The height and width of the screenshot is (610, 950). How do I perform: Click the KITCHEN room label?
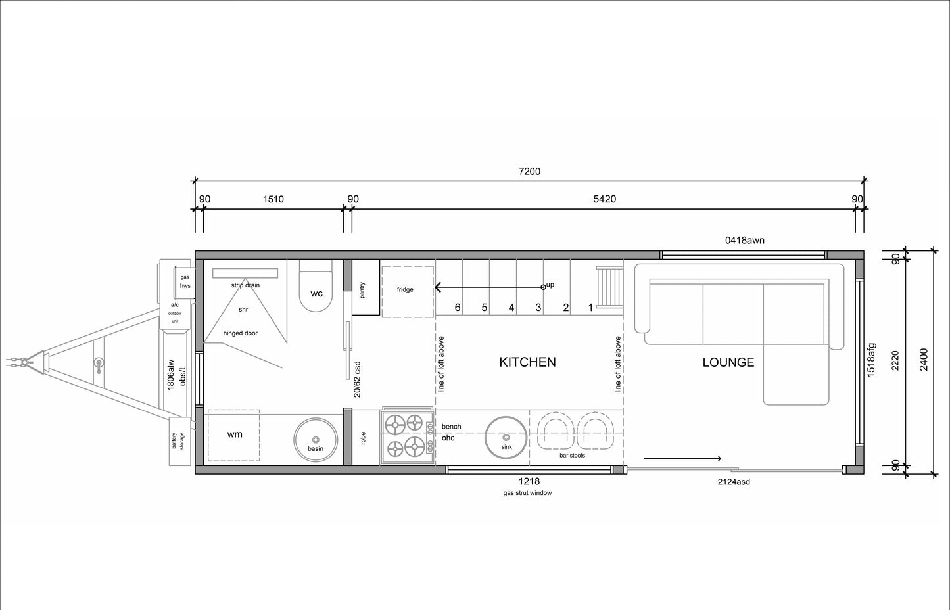[527, 362]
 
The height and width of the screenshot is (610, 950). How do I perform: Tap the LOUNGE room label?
[728, 362]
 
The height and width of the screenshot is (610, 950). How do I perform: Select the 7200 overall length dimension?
[530, 172]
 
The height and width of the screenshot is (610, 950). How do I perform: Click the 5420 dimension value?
[604, 199]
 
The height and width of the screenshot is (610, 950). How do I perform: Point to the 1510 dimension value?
[273, 199]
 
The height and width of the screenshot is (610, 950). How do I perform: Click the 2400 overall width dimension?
[924, 360]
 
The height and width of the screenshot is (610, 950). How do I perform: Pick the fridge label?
[405, 289]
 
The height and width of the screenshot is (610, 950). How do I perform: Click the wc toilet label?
[316, 293]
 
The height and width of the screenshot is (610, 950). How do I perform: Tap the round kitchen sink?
[506, 438]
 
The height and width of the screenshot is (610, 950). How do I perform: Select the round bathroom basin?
[316, 440]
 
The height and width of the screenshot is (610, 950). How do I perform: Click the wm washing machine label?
[235, 434]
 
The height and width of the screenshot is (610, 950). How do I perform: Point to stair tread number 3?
[538, 308]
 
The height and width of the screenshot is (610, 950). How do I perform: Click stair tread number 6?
[457, 308]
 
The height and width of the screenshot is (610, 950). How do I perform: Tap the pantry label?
[362, 290]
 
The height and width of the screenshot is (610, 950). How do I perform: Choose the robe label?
[363, 438]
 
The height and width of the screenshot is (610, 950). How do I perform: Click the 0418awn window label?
[745, 241]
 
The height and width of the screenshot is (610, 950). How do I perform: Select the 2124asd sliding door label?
[734, 482]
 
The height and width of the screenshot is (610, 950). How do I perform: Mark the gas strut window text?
[527, 493]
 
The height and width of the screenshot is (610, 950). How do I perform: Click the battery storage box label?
[178, 441]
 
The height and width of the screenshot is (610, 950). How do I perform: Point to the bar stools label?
[572, 456]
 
